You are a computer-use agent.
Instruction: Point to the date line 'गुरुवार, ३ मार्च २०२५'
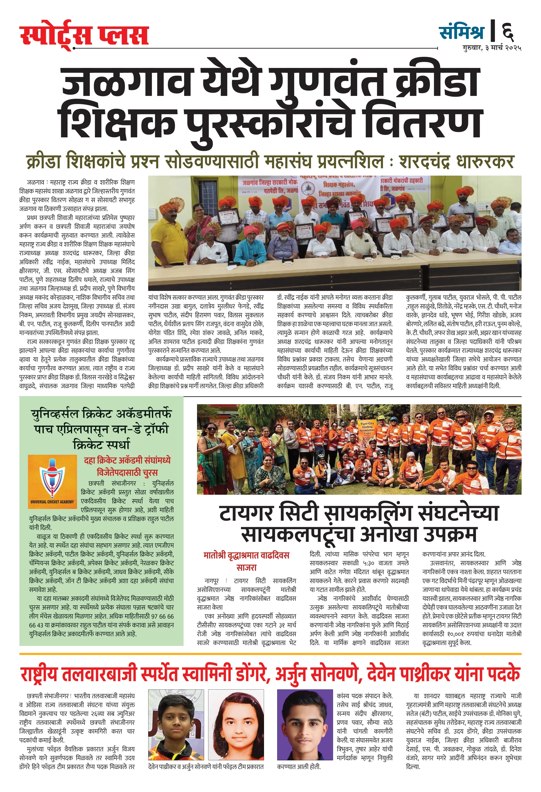492,48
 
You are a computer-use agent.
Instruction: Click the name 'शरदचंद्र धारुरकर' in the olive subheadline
456,162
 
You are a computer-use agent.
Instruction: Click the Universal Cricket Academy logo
53,480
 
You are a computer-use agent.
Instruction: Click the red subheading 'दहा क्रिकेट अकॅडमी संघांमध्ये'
127,460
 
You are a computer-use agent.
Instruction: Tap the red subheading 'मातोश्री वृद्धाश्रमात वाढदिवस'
246,556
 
